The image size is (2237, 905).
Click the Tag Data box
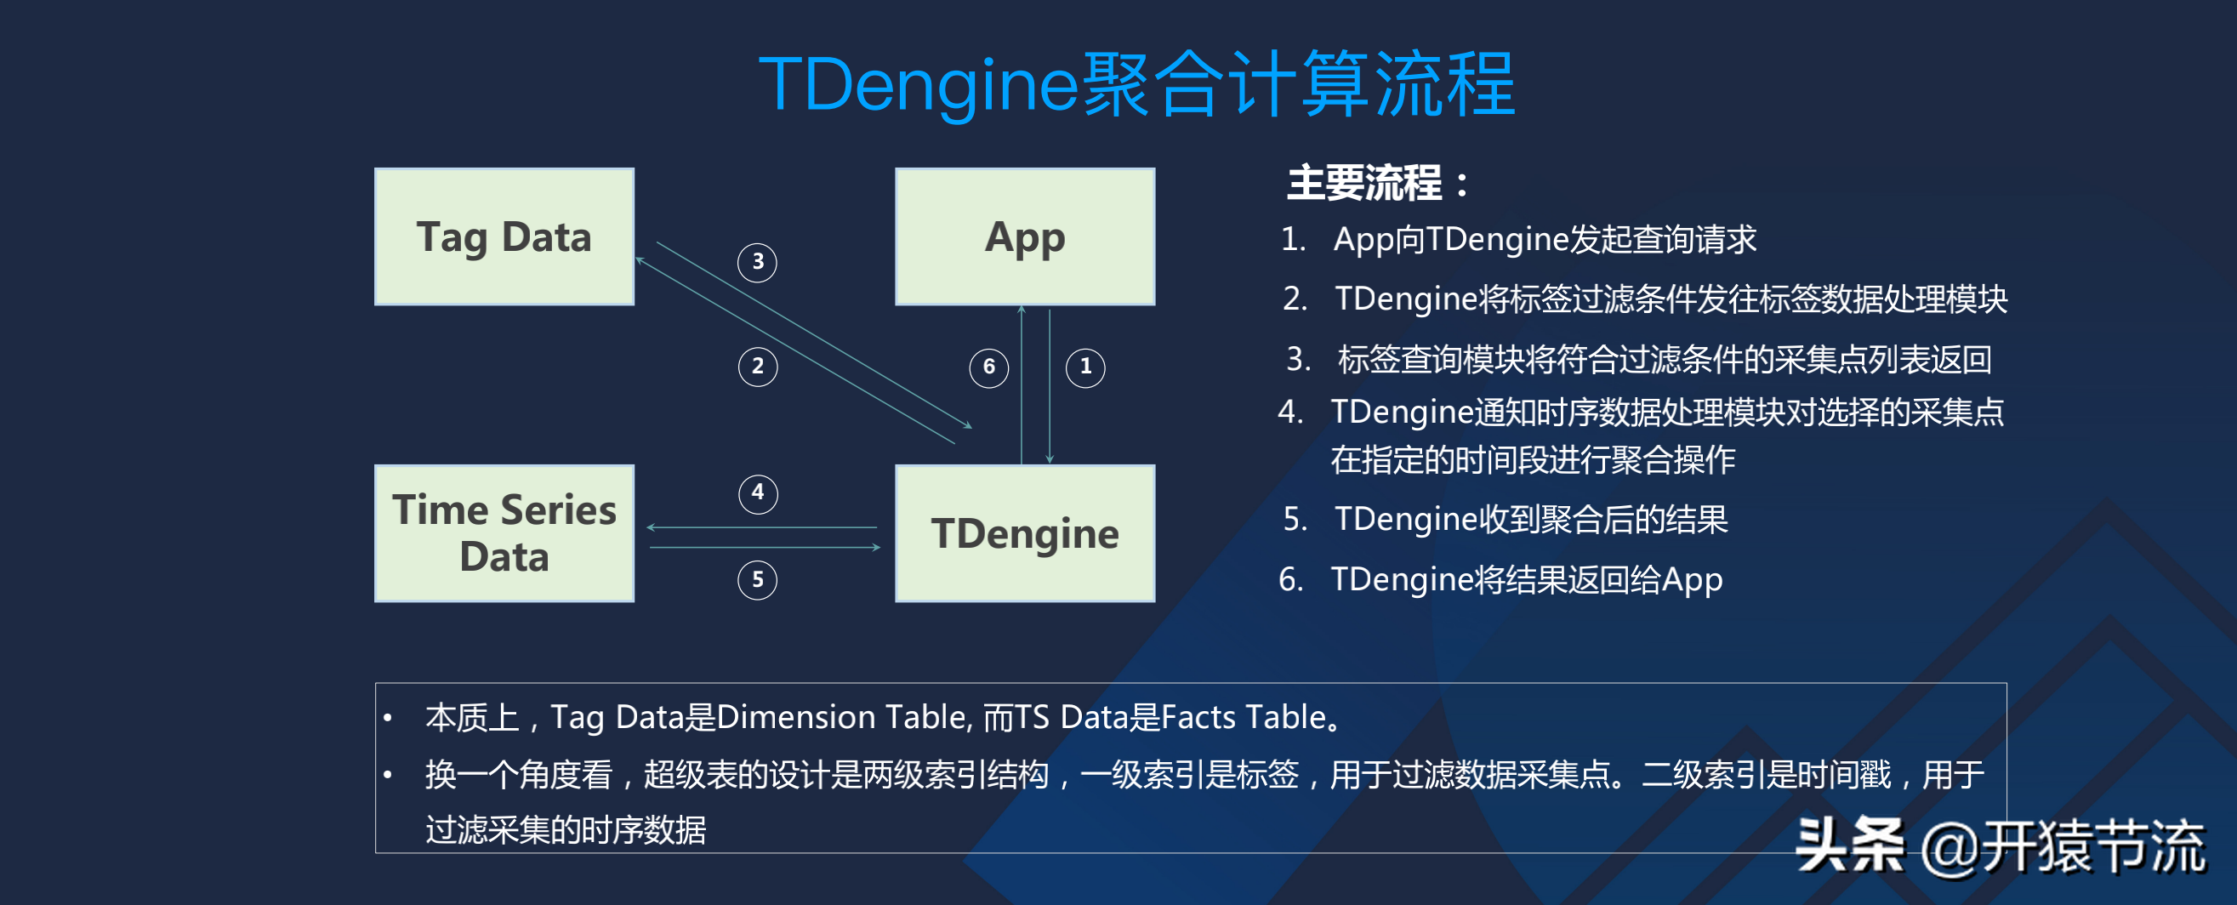click(x=504, y=236)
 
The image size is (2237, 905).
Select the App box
click(x=1024, y=236)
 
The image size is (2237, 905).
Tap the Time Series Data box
click(x=504, y=532)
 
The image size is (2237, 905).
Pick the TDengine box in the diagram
click(x=1024, y=532)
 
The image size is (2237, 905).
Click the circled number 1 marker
click(x=1084, y=367)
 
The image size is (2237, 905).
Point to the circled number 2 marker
click(x=757, y=366)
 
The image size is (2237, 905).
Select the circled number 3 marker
click(x=757, y=261)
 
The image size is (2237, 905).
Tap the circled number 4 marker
click(x=757, y=492)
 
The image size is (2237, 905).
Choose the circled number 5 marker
click(x=757, y=579)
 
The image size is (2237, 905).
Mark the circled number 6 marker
click(x=988, y=367)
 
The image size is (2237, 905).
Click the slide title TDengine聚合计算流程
click(x=1136, y=84)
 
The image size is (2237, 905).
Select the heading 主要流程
click(x=1376, y=183)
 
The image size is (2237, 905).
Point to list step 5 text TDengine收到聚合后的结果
click(x=1530, y=520)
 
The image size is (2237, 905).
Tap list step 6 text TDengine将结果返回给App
click(x=1526, y=579)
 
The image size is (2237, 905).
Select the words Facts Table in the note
click(x=1244, y=717)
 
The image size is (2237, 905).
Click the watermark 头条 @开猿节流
click(x=1998, y=846)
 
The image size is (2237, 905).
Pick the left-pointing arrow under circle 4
click(x=761, y=527)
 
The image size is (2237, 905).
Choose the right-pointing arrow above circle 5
click(x=765, y=547)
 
